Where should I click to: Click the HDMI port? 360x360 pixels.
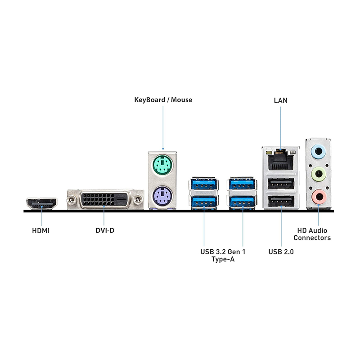[x=41, y=203]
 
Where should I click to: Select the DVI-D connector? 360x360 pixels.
[x=104, y=200]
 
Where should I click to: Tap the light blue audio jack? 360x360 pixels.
[x=319, y=151]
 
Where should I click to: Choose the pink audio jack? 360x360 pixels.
[x=319, y=196]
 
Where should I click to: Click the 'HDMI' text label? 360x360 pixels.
[x=41, y=231]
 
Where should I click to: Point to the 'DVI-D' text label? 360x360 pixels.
[x=105, y=231]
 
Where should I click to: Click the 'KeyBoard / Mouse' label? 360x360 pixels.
[x=163, y=99]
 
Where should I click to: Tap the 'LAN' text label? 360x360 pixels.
[x=280, y=100]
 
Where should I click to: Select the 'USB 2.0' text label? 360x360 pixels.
[x=281, y=252]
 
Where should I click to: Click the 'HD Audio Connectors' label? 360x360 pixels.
[x=312, y=234]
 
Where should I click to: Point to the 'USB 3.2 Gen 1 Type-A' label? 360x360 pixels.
[x=223, y=255]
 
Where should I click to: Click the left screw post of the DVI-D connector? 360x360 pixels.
[x=70, y=198]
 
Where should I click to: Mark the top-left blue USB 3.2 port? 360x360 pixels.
[x=204, y=184]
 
